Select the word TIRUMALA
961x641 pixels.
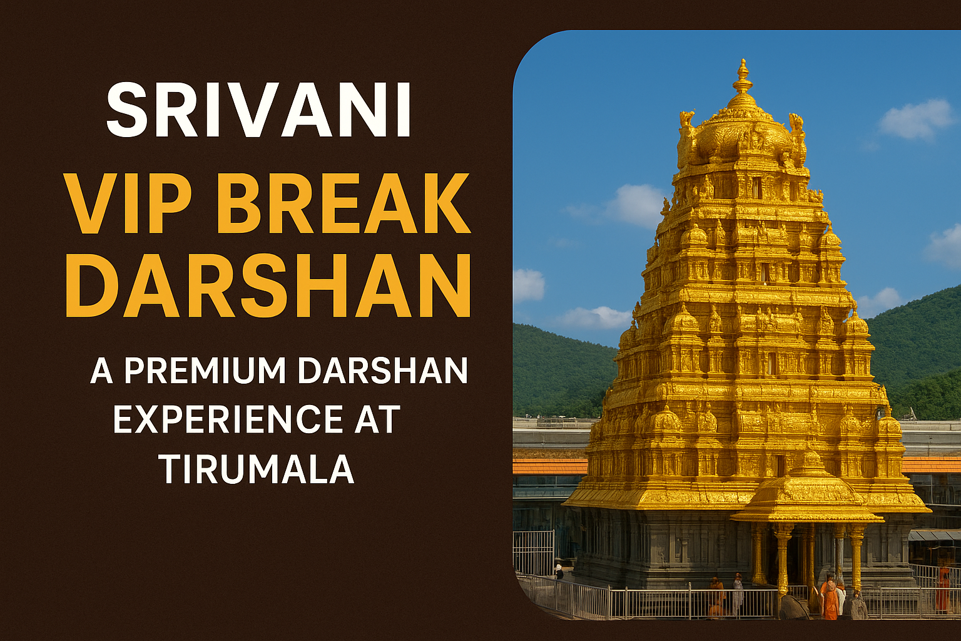click(x=257, y=469)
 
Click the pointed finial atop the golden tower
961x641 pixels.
click(x=743, y=77)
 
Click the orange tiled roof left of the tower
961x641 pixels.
click(x=550, y=466)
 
